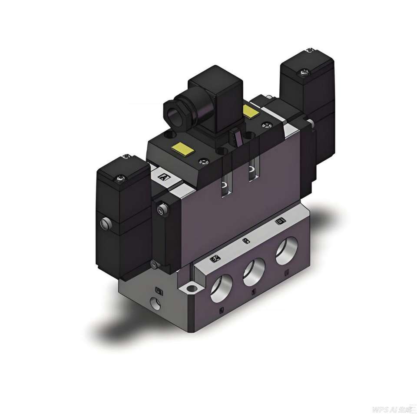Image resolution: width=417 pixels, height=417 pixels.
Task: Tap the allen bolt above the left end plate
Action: [162, 210]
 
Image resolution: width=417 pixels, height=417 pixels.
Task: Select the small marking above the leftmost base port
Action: [214, 259]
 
